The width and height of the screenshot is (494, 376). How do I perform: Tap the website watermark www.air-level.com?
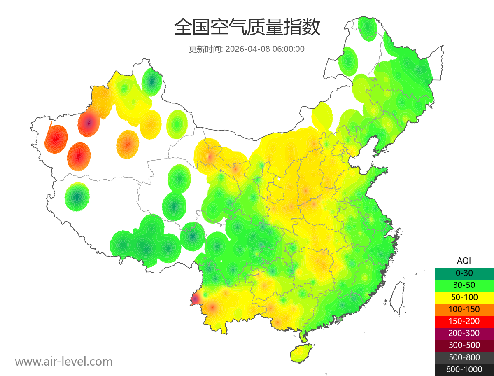(64, 362)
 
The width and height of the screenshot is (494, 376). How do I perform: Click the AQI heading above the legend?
(464, 261)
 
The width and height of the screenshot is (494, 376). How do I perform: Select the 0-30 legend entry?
(464, 273)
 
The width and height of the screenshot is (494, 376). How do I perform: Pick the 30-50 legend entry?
(464, 285)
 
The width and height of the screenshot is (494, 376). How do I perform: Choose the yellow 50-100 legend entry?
(464, 297)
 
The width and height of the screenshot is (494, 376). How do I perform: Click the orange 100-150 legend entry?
(464, 309)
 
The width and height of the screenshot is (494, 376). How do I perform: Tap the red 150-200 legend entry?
(464, 321)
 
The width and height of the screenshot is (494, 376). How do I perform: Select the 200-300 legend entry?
(464, 333)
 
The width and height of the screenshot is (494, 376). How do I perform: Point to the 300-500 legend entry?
(464, 345)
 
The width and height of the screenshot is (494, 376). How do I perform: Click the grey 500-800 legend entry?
(464, 357)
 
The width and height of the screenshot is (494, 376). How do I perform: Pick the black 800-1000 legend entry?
(464, 369)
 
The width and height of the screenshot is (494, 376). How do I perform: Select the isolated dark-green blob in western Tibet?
(77, 197)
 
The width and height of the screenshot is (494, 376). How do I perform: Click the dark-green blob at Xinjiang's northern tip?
(151, 82)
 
